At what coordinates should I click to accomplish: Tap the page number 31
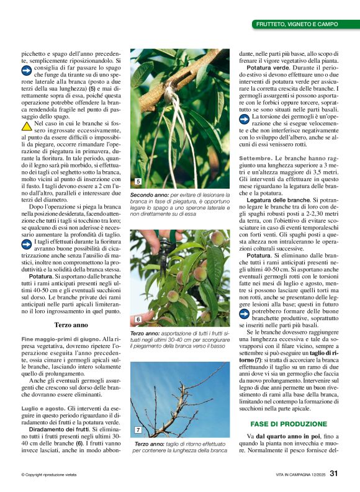click(x=334, y=473)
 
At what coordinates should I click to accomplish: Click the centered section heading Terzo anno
click(x=71, y=324)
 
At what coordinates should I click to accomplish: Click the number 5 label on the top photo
click(x=138, y=182)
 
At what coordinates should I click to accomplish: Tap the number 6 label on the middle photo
click(x=138, y=319)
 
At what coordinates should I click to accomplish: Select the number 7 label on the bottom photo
click(x=138, y=429)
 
